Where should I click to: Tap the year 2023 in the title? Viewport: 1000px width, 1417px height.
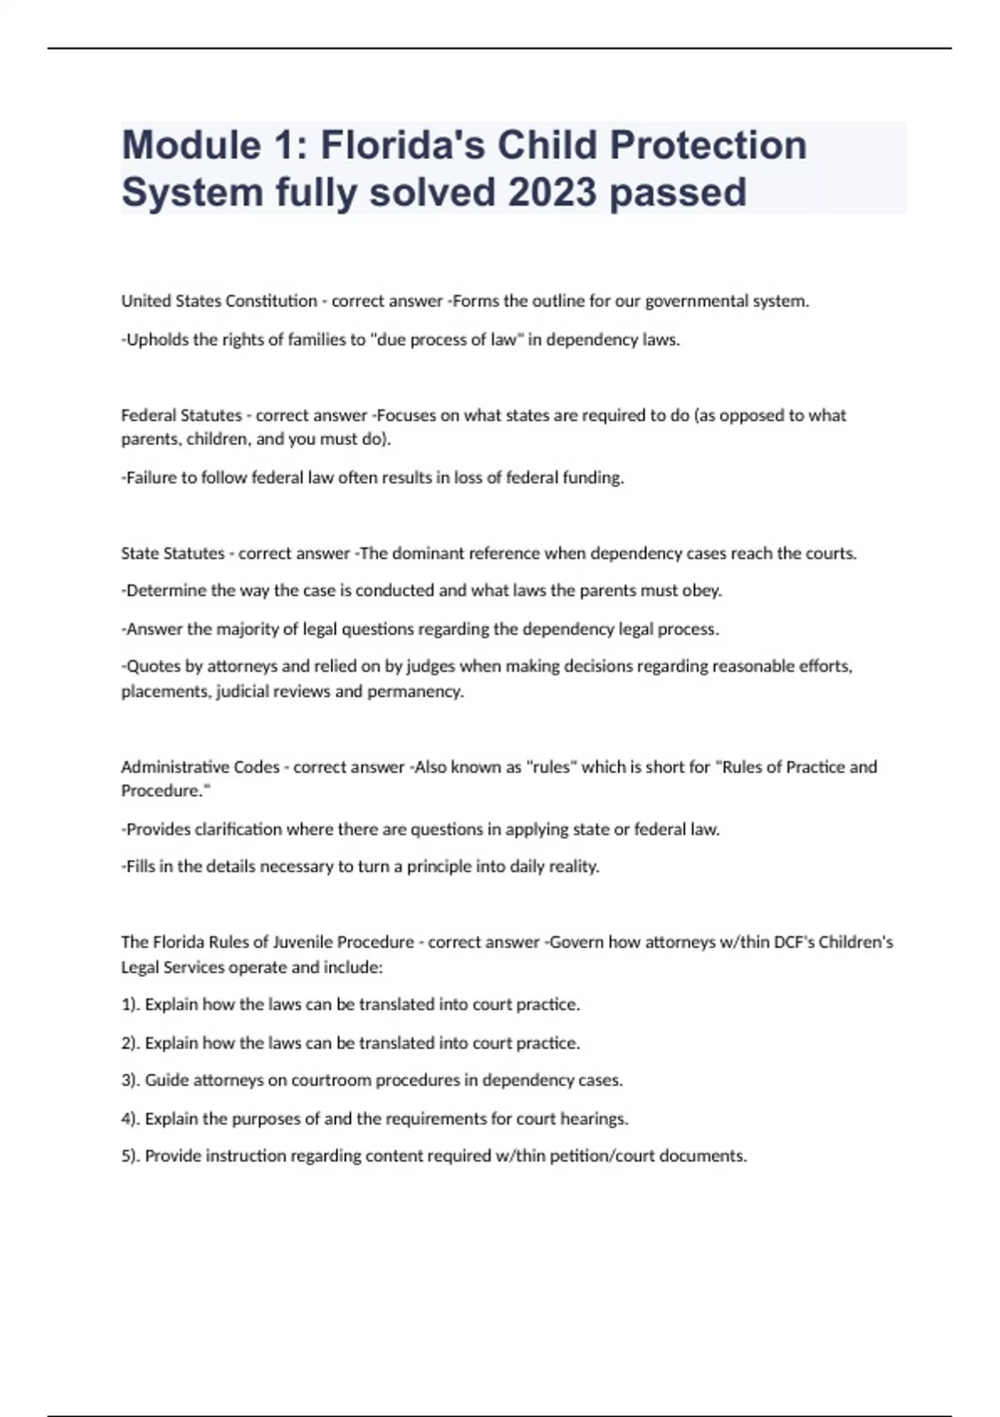(x=552, y=193)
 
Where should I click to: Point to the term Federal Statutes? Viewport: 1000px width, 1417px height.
(x=181, y=415)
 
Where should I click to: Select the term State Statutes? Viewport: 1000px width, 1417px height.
(x=172, y=553)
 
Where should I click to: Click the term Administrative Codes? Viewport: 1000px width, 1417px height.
(x=200, y=767)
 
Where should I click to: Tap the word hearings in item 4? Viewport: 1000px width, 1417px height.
(x=594, y=1119)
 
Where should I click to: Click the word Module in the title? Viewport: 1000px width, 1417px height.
(x=192, y=145)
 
